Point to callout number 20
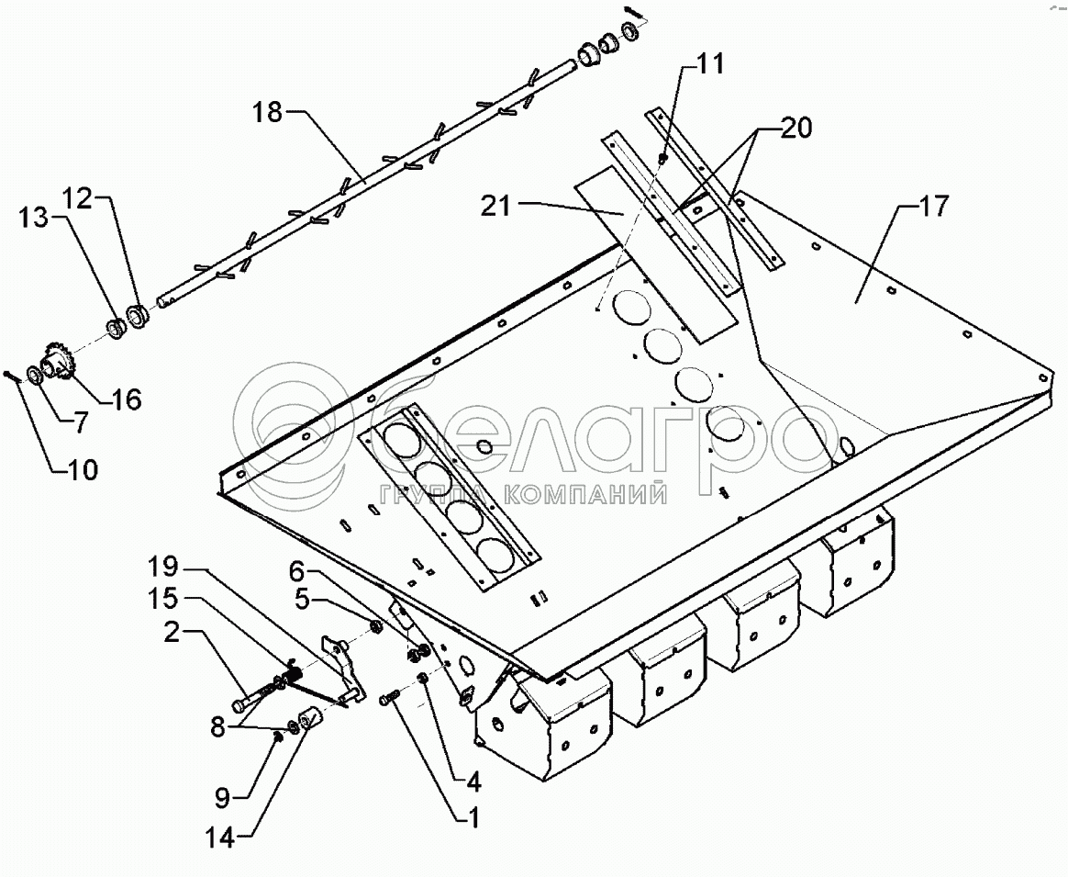(x=795, y=129)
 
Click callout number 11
(x=710, y=63)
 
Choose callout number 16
(x=127, y=399)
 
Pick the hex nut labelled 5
(x=375, y=627)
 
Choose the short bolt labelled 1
(x=389, y=700)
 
